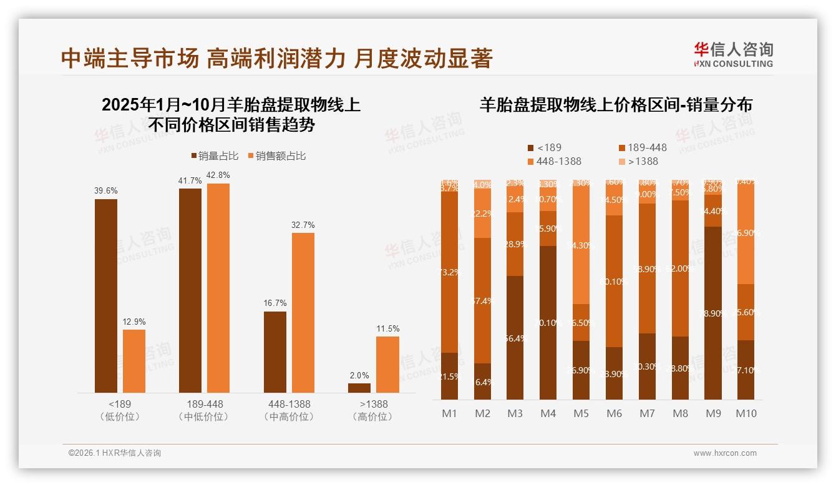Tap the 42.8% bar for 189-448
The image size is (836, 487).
click(x=218, y=287)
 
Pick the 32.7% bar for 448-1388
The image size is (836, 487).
click(x=303, y=312)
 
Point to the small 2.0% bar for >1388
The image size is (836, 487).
click(x=359, y=388)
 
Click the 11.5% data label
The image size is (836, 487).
click(x=387, y=328)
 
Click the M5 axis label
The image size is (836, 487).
click(x=581, y=413)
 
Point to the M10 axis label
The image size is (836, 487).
click(x=746, y=413)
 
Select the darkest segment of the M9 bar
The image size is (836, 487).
click(x=713, y=312)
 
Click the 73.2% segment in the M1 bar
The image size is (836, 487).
click(x=449, y=272)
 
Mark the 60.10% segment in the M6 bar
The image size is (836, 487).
click(x=614, y=281)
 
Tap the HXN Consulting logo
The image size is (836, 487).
click(x=733, y=54)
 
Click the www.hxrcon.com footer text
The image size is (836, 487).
click(x=724, y=453)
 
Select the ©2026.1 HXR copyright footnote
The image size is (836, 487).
click(x=115, y=453)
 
